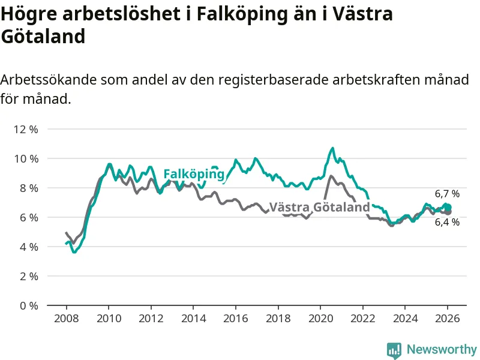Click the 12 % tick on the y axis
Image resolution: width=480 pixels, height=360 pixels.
tap(25, 129)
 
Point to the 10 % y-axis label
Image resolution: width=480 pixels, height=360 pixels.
tap(25, 158)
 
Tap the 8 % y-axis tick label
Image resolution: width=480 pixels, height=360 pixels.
tap(28, 188)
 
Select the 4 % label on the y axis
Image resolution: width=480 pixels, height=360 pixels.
tap(28, 247)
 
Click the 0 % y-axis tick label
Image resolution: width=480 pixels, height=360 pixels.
tap(28, 305)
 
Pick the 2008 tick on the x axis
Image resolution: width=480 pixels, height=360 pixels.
tap(66, 318)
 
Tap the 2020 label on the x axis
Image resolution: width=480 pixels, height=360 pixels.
tap(320, 318)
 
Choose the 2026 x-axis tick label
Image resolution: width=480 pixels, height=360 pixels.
tap(448, 318)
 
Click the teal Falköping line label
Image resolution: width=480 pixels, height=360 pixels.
tap(194, 174)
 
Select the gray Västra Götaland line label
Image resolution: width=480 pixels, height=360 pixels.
tap(319, 208)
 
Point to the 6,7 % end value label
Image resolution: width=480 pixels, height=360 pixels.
tap(447, 194)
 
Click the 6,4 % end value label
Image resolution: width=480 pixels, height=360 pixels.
tap(447, 222)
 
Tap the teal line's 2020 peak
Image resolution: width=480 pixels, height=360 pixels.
tap(332, 148)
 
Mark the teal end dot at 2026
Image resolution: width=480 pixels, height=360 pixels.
tap(448, 207)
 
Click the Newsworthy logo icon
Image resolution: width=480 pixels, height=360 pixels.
tap(394, 350)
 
